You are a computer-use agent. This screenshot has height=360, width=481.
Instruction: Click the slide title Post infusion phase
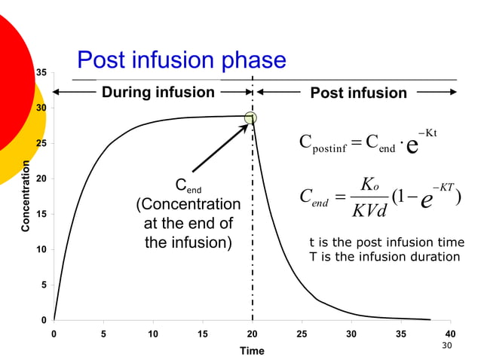(182, 60)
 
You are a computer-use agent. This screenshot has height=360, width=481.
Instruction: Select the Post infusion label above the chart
(358, 93)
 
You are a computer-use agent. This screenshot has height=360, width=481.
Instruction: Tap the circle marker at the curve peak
(250, 117)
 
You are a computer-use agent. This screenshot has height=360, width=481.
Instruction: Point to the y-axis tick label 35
(41, 72)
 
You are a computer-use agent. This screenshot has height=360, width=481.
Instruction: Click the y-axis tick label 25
(41, 143)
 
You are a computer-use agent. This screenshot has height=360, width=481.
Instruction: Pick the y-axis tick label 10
(41, 250)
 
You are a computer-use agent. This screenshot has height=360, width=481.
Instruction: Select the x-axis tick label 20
(252, 334)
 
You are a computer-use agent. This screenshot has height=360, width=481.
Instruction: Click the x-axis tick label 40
(451, 334)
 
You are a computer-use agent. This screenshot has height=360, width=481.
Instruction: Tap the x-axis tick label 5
(103, 334)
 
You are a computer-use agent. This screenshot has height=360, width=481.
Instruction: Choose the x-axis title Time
(252, 350)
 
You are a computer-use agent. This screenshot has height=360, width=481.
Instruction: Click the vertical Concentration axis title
(26, 196)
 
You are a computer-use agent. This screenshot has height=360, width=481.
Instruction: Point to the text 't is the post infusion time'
(387, 242)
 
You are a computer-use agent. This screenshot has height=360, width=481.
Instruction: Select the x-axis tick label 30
(351, 334)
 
